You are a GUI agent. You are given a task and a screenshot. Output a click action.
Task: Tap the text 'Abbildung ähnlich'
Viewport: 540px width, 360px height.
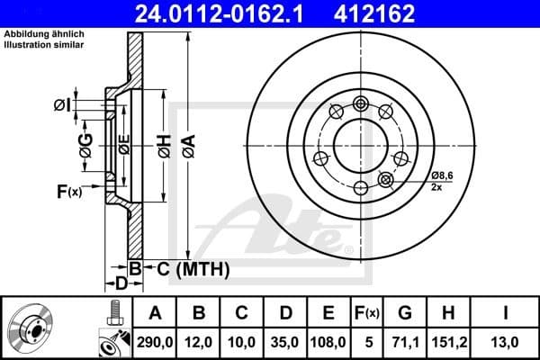click(x=44, y=34)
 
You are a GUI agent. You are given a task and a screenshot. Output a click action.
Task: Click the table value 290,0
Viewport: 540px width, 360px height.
click(x=156, y=342)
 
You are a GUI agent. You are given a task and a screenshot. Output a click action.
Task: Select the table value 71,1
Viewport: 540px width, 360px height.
click(x=405, y=342)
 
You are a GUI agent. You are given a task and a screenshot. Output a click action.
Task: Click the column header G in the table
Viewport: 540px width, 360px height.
click(x=405, y=313)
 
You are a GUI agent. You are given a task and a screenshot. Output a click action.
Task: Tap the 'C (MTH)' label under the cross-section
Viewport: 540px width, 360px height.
click(x=188, y=269)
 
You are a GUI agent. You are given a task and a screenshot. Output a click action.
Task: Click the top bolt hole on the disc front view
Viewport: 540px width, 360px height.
click(x=361, y=102)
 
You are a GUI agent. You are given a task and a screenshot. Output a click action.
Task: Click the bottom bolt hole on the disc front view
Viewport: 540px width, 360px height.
click(x=361, y=187)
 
